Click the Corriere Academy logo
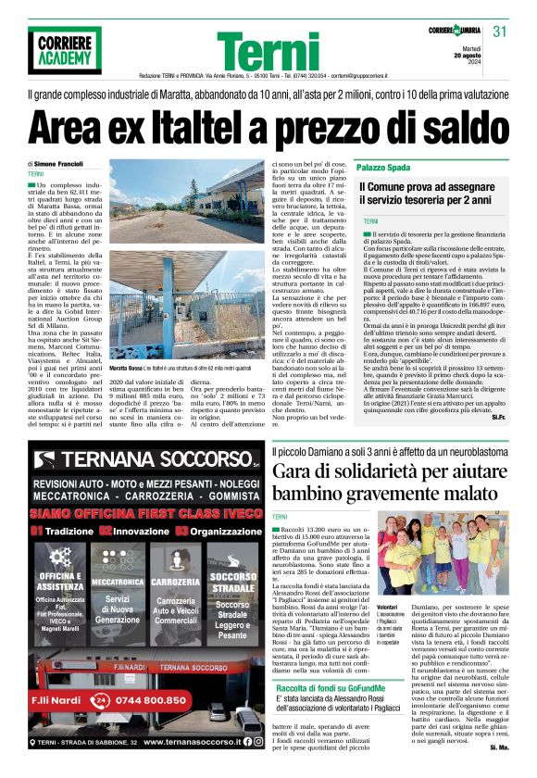[64, 49]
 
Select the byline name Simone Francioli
[81, 163]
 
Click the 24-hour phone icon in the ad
[100, 700]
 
